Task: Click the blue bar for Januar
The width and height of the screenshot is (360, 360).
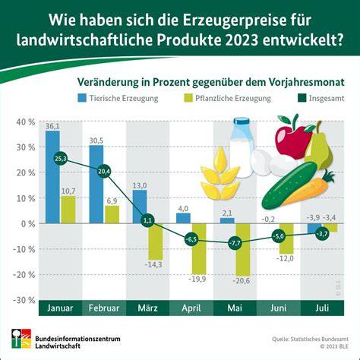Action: [x=52, y=177]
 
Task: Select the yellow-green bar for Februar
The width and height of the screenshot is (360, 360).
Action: [x=112, y=214]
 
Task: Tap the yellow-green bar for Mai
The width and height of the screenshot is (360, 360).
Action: [x=243, y=250]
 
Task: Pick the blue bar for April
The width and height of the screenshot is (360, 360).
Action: [x=183, y=218]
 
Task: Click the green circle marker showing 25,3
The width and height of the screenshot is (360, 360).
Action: [x=61, y=159]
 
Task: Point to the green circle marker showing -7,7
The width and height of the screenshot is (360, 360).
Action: [x=235, y=243]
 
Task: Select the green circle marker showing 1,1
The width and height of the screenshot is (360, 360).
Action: [x=147, y=221]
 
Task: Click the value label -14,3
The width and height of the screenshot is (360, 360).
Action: [x=153, y=265]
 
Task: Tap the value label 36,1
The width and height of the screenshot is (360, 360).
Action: [x=52, y=126]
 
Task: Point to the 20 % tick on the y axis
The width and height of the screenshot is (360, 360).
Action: [x=26, y=172]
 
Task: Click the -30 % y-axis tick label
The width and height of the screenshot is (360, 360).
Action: [x=24, y=300]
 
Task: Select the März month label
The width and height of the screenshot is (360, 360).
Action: [x=147, y=308]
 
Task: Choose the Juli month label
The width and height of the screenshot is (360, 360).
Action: [x=322, y=308]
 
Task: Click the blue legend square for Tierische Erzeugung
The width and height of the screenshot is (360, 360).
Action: [x=82, y=98]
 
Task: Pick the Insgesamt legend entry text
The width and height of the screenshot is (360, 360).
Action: [x=327, y=98]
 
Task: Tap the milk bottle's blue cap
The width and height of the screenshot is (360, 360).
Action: [x=242, y=121]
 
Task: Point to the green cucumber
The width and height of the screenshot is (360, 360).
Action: [x=289, y=185]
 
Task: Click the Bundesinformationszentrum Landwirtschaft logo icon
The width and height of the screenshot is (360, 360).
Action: [x=21, y=339]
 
